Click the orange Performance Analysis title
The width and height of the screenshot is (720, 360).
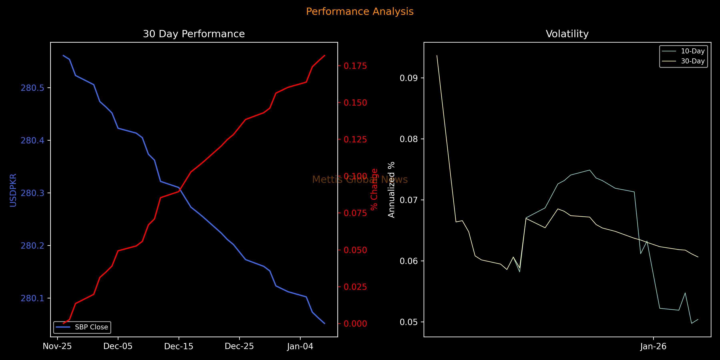pyautogui.click(x=360, y=11)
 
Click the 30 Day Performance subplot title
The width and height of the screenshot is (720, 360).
pyautogui.click(x=194, y=34)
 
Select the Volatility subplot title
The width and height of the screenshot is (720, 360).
pyautogui.click(x=567, y=34)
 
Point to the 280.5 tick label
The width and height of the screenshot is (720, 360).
pyautogui.click(x=32, y=88)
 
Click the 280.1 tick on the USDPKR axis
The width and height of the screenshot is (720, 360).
pyautogui.click(x=32, y=298)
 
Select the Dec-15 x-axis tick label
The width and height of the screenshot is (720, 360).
pyautogui.click(x=179, y=346)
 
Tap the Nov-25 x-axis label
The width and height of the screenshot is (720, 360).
pyautogui.click(x=57, y=346)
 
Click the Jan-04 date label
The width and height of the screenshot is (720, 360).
pyautogui.click(x=300, y=346)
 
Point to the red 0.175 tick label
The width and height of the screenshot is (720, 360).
pyautogui.click(x=355, y=66)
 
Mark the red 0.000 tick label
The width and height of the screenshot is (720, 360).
pyautogui.click(x=355, y=324)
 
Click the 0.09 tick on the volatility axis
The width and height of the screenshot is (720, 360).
pyautogui.click(x=408, y=78)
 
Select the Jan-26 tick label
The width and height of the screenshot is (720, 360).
pyautogui.click(x=653, y=346)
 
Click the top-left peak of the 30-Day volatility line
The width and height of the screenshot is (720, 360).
pyautogui.click(x=437, y=56)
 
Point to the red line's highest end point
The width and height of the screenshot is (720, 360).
pyautogui.click(x=325, y=56)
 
